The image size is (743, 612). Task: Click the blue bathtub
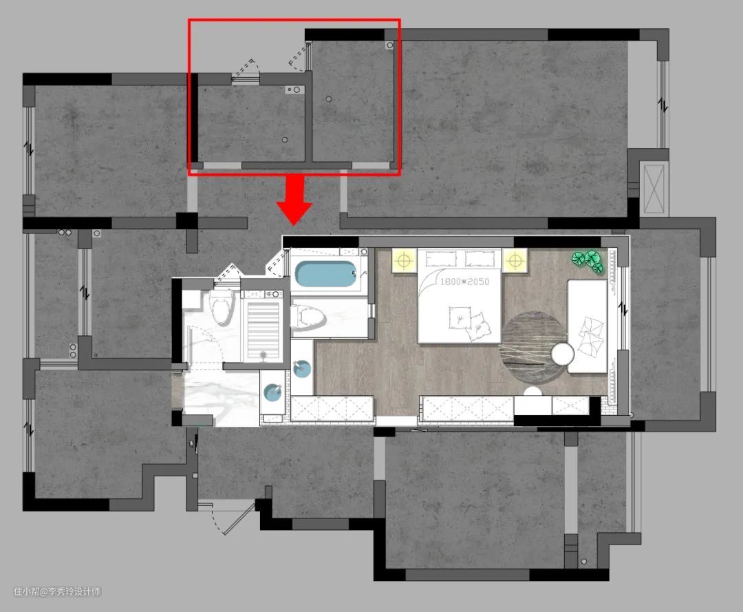326,273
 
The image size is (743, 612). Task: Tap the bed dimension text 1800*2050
464,282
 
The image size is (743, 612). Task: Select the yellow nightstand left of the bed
404,260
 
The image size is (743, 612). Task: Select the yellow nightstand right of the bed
515,260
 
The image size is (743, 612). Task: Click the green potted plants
588,262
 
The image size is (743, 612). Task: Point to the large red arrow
294,199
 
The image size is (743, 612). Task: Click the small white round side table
563,354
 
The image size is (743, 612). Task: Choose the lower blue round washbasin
272,393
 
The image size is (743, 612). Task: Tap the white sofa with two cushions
588,326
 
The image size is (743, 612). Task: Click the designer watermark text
57,591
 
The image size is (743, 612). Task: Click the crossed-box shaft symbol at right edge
654,188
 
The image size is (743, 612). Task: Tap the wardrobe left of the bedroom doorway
332,408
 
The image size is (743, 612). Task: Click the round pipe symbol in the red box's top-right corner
390,45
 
